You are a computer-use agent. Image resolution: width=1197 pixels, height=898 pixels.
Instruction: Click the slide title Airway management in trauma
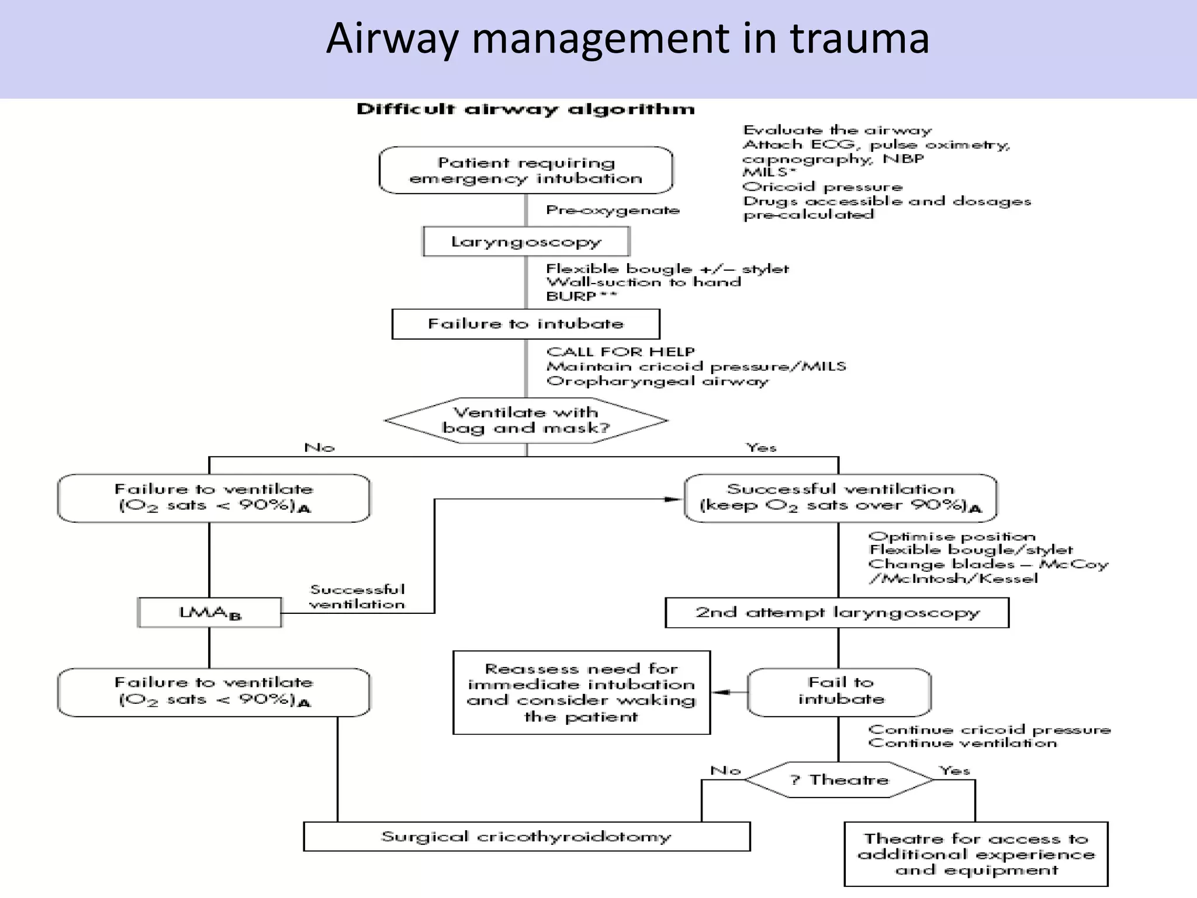click(x=627, y=39)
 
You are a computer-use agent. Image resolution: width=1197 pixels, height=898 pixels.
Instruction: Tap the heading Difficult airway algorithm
click(x=525, y=109)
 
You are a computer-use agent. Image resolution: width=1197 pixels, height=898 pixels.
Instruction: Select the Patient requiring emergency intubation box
click(x=525, y=170)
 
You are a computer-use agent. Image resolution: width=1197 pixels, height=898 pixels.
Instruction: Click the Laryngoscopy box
click(x=525, y=241)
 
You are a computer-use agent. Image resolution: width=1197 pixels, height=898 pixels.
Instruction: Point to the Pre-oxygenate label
click(x=613, y=210)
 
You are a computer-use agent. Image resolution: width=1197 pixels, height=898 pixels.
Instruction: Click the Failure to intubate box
click(x=525, y=324)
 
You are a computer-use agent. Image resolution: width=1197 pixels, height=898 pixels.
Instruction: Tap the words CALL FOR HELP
click(x=621, y=352)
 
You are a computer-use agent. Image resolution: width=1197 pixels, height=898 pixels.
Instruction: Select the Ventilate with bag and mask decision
click(x=525, y=420)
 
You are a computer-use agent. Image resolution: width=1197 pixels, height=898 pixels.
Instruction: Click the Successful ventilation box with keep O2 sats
click(x=840, y=498)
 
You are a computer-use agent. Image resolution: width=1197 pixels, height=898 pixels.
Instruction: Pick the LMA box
click(x=209, y=613)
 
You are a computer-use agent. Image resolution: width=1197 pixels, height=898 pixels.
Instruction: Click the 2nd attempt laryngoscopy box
click(x=837, y=613)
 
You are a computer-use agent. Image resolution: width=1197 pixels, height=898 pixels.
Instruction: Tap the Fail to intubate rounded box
click(x=840, y=692)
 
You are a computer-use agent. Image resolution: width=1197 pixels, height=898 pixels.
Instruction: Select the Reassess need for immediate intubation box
click(x=581, y=692)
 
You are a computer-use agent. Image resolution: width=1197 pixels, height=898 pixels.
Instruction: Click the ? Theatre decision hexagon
click(x=839, y=779)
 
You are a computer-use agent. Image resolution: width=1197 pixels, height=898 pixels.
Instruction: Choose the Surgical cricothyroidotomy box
click(x=526, y=837)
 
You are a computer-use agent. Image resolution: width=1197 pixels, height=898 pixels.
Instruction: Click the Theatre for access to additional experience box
click(x=975, y=854)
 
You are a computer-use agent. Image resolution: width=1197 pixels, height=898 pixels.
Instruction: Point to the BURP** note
click(x=581, y=296)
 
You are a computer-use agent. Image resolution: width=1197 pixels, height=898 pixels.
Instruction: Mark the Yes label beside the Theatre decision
click(x=954, y=771)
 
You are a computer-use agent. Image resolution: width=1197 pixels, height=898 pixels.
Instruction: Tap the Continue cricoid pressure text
click(x=989, y=730)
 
